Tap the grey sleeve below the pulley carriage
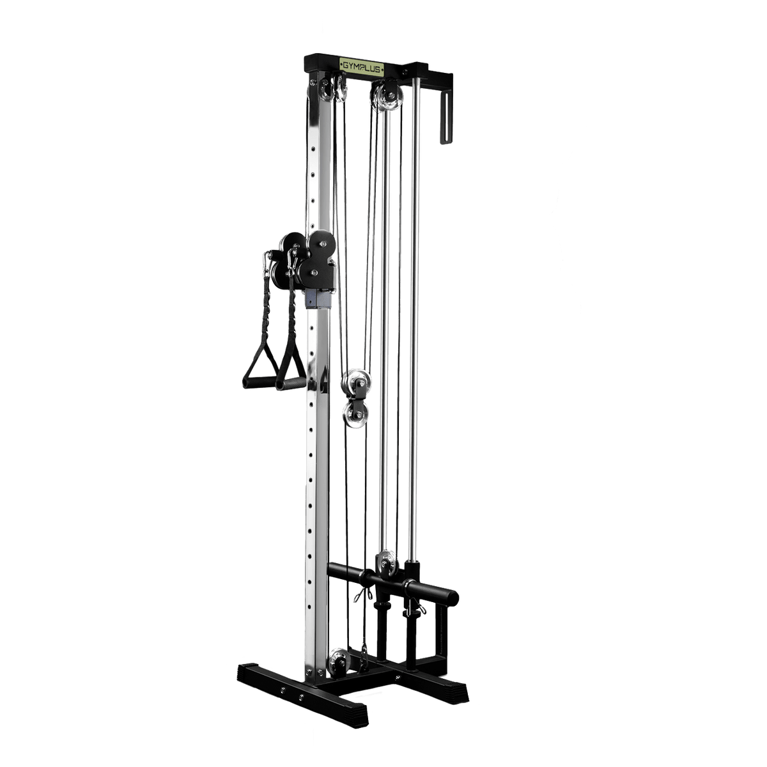pyautogui.click(x=318, y=297)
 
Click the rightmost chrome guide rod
pyautogui.click(x=417, y=320)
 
